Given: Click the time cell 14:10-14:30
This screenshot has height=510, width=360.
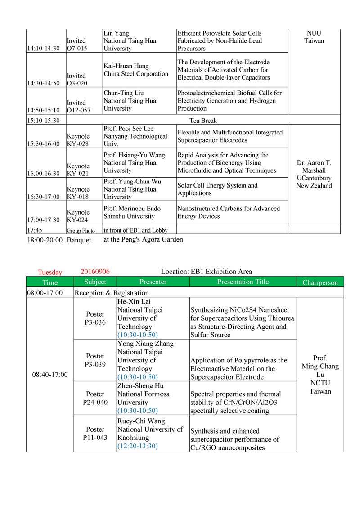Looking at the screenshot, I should pyautogui.click(x=43, y=49).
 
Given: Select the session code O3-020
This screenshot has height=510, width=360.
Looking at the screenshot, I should pyautogui.click(x=76, y=83).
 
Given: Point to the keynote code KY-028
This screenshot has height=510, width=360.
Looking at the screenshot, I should pyautogui.click(x=78, y=143).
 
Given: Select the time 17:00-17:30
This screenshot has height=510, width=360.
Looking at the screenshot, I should pyautogui.click(x=43, y=220).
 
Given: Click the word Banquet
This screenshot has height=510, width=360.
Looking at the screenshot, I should pyautogui.click(x=79, y=240).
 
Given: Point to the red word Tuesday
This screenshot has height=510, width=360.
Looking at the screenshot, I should pyautogui.click(x=50, y=272).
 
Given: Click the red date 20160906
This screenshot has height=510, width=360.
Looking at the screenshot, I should pyautogui.click(x=95, y=271).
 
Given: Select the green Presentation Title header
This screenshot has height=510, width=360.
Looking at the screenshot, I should pyautogui.click(x=243, y=282).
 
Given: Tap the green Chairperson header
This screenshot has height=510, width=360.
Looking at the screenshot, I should pyautogui.click(x=320, y=282).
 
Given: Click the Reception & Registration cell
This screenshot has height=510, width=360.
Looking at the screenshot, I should pyautogui.click(x=111, y=293).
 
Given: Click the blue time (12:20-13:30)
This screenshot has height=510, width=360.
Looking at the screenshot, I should pyautogui.click(x=138, y=446).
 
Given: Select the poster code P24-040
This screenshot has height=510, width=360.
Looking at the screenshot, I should pyautogui.click(x=95, y=402).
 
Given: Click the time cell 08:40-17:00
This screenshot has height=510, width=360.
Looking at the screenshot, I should pyautogui.click(x=50, y=374).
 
